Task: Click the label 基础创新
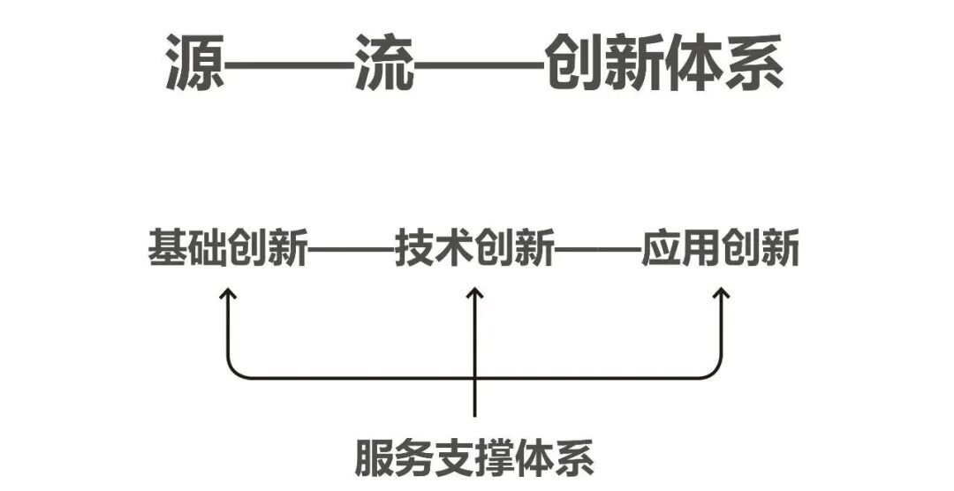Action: click(228, 248)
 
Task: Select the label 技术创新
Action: click(474, 248)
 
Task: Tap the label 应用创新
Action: click(721, 248)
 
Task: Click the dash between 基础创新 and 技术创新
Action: click(351, 250)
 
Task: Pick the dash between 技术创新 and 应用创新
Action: click(597, 250)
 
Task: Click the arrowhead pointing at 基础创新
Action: click(229, 294)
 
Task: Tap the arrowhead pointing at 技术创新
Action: click(475, 294)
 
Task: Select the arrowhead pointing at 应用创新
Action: click(722, 294)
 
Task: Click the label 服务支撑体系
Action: click(475, 457)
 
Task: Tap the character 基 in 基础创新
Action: click(167, 248)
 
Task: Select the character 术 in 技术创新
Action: click(454, 248)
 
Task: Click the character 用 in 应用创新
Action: click(700, 248)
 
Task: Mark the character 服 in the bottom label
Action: click(375, 457)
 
